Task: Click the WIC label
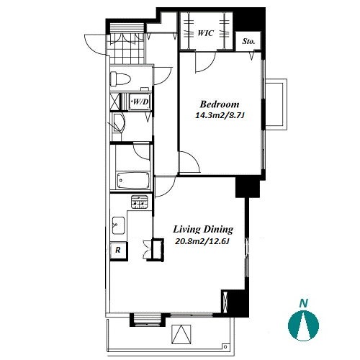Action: point(206,33)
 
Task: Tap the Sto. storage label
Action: point(248,41)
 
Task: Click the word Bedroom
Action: point(220,104)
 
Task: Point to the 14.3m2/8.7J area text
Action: point(220,115)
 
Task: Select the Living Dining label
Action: point(203,230)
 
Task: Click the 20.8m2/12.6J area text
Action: point(202,241)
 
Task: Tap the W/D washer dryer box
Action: point(140,102)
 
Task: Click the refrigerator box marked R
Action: point(119,251)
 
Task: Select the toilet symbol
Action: point(120,79)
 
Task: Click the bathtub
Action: point(133,180)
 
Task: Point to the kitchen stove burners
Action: point(139,202)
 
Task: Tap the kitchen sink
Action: point(119,225)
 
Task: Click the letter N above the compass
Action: point(304,303)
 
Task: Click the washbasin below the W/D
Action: point(119,123)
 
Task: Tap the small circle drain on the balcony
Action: point(225,346)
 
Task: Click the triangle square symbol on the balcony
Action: point(181,334)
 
